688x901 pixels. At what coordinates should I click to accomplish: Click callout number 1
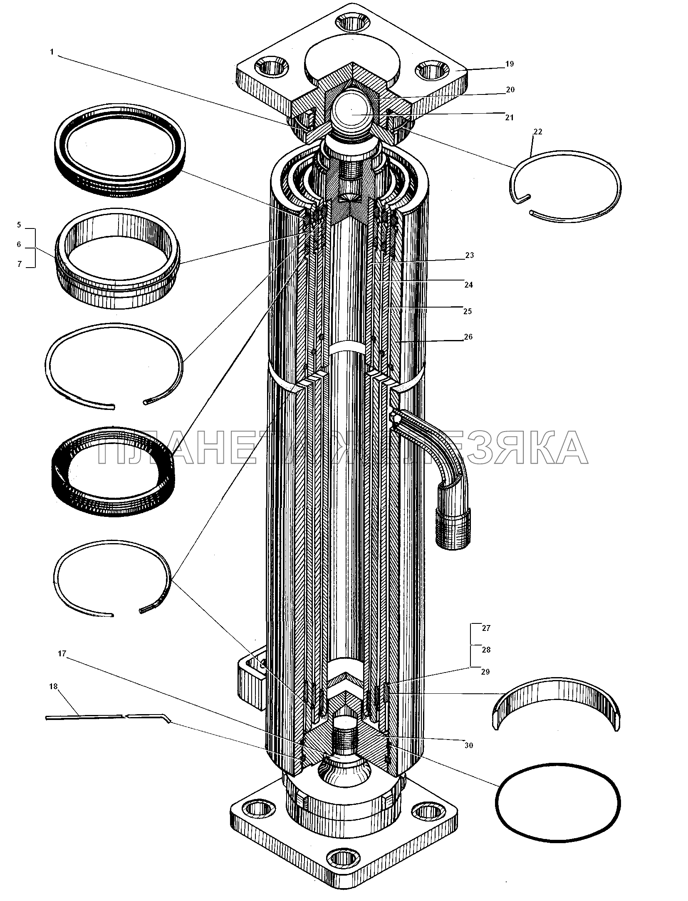[52, 52]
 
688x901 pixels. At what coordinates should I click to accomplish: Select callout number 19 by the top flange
[510, 64]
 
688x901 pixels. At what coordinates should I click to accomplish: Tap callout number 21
[510, 118]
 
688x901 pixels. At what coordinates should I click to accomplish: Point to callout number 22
[538, 132]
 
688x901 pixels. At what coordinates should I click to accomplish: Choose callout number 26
[468, 337]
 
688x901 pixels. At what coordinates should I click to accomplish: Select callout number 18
[53, 687]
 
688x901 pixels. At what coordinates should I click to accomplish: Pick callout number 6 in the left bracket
[19, 245]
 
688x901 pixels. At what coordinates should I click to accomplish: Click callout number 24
[469, 285]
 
